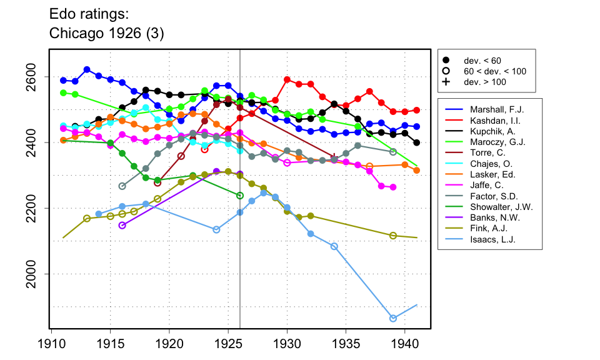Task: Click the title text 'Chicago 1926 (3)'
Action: (106, 34)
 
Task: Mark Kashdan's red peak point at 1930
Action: (287, 79)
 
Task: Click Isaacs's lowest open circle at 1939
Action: (393, 318)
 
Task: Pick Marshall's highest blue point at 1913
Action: (87, 69)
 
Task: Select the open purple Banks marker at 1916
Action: (122, 225)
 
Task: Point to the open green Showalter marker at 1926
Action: (240, 196)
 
